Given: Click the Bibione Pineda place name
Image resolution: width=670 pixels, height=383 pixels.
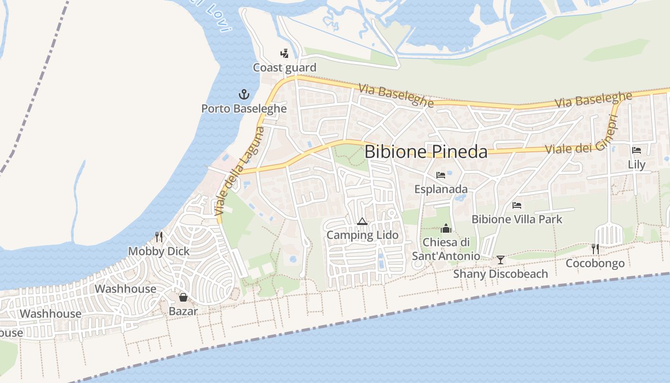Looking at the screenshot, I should (x=426, y=152).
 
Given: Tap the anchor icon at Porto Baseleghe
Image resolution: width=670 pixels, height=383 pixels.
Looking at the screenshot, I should (x=244, y=94).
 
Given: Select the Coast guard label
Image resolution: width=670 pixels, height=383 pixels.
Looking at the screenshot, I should (x=284, y=68).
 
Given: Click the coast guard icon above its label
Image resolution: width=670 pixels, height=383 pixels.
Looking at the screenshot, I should (x=285, y=53).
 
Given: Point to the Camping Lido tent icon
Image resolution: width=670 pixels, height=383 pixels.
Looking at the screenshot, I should (x=362, y=221).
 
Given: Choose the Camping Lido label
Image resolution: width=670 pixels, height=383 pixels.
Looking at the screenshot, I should (x=362, y=235).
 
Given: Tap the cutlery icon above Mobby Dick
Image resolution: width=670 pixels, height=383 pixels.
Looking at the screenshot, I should (x=159, y=237).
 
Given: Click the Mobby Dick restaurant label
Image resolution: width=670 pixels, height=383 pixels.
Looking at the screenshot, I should (x=159, y=251).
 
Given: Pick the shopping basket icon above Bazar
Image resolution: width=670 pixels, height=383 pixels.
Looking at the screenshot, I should (x=183, y=297).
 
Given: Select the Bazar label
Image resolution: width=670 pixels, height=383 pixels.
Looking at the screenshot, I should (x=183, y=311).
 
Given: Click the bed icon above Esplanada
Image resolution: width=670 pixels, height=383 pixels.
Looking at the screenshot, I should (x=441, y=175).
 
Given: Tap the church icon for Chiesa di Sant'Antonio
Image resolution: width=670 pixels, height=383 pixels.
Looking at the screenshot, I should (x=446, y=228).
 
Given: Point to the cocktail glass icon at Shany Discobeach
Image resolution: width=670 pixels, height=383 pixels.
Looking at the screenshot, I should (x=501, y=260).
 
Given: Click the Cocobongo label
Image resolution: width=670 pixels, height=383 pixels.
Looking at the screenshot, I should (x=595, y=263).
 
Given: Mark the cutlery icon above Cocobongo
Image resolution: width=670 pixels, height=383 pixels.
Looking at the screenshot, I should (x=595, y=248).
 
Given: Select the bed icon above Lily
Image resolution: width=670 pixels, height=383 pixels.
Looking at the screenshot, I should (x=636, y=150).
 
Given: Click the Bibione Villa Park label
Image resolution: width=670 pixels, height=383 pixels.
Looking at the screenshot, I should (x=517, y=219).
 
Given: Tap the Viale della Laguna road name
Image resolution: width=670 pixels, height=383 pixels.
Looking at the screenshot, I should (x=239, y=170).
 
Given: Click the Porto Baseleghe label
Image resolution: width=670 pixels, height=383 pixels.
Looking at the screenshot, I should (x=244, y=109).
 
